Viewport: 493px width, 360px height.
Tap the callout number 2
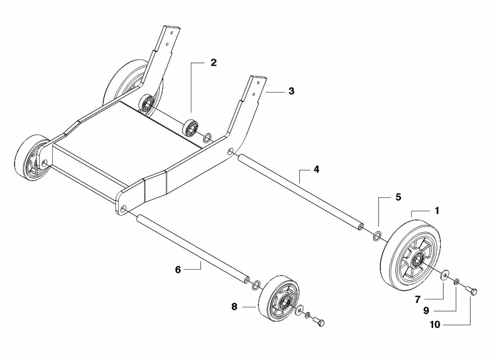point(214,63)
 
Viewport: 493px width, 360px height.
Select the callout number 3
point(291,91)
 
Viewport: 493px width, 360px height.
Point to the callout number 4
point(316,169)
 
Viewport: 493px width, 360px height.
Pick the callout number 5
point(398,197)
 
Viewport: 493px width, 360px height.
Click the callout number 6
point(178,270)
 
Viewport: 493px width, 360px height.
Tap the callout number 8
point(234,307)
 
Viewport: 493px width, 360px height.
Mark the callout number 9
point(426,311)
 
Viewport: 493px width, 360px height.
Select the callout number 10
point(435,325)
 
